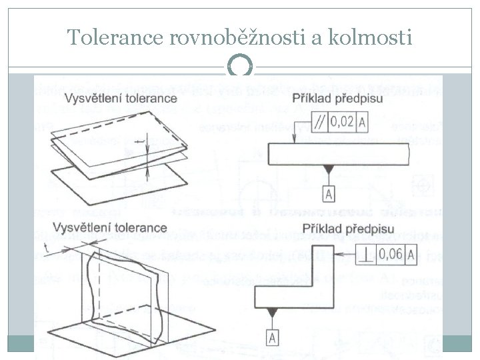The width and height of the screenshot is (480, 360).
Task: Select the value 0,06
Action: (x=391, y=253)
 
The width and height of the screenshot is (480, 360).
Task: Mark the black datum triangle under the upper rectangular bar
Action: (x=329, y=169)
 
